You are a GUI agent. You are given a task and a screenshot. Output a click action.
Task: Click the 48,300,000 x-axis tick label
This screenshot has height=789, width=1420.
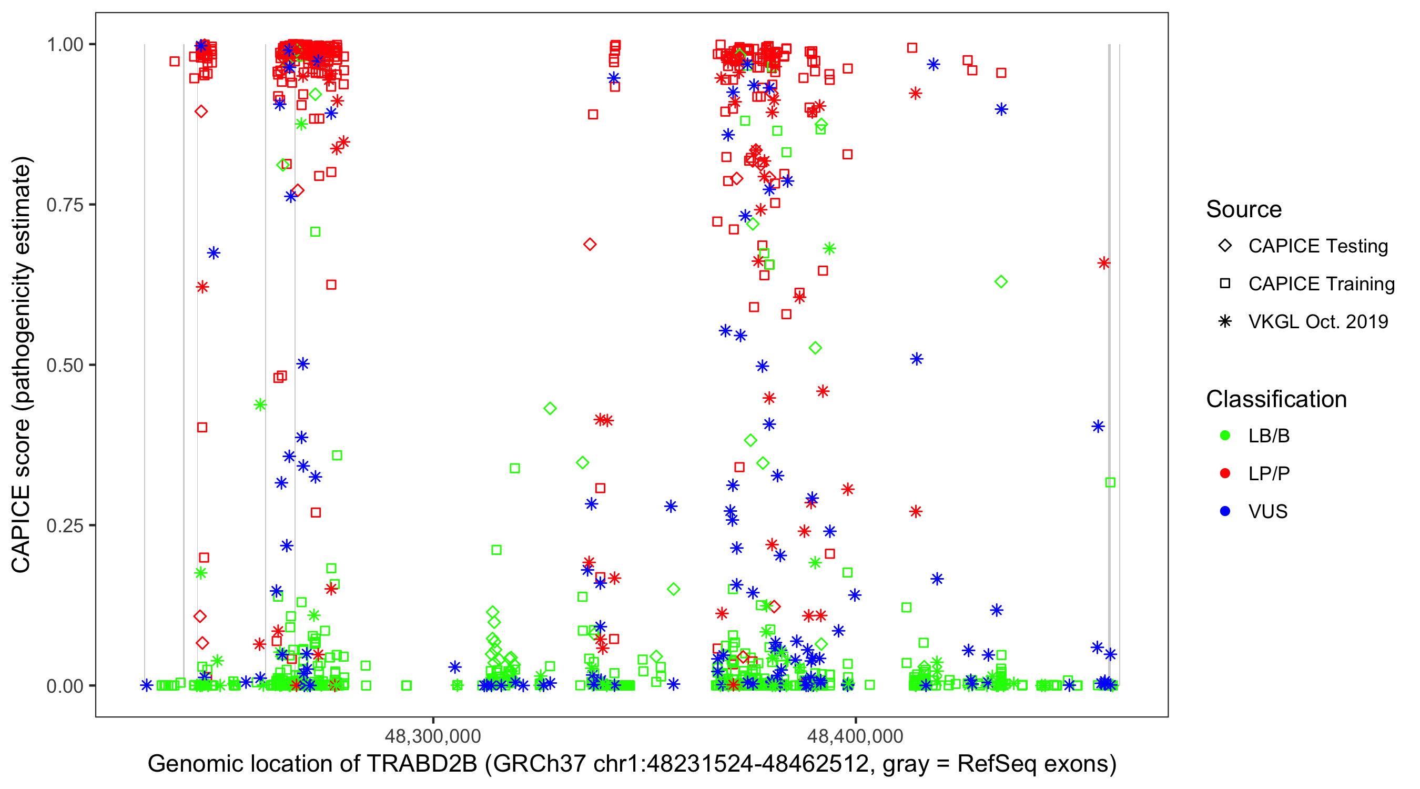coord(433,735)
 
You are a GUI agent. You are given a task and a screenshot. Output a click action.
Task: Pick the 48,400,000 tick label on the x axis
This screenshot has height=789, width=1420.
coord(855,735)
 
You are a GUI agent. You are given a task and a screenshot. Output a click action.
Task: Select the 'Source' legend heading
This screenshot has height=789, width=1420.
coord(1244,209)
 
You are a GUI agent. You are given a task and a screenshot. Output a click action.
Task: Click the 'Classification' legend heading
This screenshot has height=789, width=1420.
coord(1276,399)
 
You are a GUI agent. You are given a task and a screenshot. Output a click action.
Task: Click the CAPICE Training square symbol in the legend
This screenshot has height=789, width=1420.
coord(1225,284)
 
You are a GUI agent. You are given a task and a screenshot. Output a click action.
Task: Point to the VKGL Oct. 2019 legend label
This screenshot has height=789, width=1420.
coord(1318,321)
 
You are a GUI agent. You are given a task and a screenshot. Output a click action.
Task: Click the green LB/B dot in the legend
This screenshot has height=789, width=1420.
coord(1225,436)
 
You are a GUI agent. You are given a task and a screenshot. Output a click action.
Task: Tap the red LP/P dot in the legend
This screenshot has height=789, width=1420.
coord(1225,473)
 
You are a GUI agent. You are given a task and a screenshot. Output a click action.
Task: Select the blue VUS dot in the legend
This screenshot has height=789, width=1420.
coord(1225,511)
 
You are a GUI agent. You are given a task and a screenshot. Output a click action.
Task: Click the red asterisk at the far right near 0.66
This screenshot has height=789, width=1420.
coord(1103,263)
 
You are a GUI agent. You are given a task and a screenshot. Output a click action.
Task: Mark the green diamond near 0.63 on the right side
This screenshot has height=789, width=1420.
coord(1001,282)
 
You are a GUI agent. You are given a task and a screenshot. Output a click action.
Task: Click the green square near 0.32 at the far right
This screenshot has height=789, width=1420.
coord(1110,482)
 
